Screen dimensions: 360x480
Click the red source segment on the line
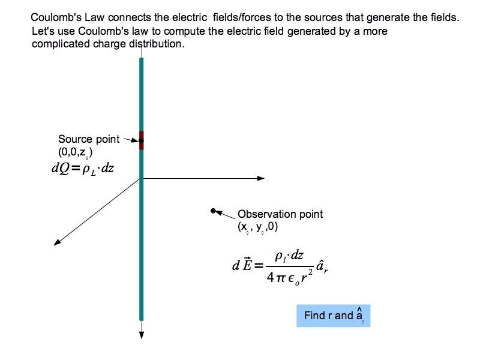(x=142, y=140)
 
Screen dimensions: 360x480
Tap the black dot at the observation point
(x=213, y=211)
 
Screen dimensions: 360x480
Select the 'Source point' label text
(x=89, y=139)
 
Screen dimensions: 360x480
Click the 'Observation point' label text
(x=280, y=214)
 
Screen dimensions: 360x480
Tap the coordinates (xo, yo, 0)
(x=258, y=227)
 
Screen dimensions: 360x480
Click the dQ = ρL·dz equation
(x=83, y=167)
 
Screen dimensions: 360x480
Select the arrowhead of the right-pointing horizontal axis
(x=261, y=178)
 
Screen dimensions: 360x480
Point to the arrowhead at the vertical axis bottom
(x=142, y=335)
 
